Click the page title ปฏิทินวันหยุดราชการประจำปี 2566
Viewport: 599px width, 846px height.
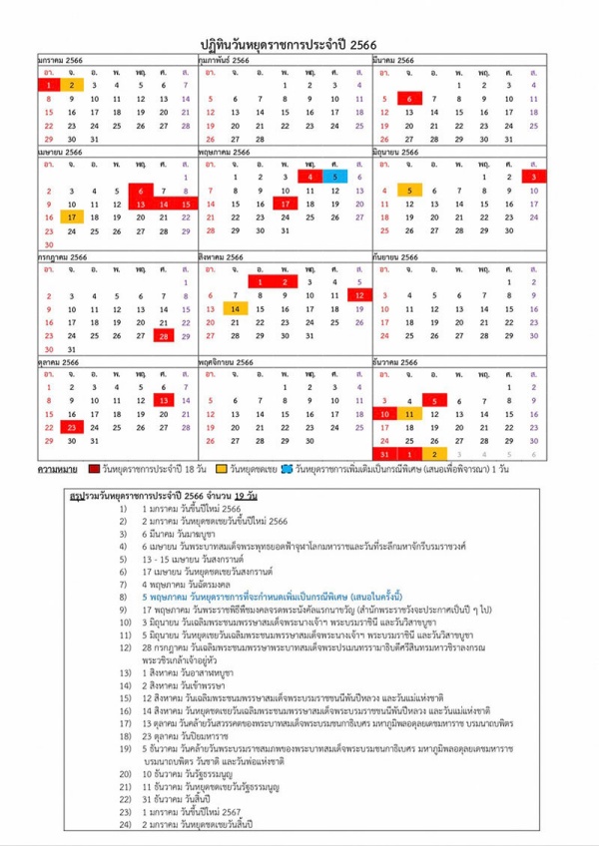click(299, 44)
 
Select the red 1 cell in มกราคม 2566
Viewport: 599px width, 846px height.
click(48, 86)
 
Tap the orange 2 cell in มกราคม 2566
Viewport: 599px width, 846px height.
click(72, 86)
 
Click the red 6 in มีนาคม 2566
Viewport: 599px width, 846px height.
click(409, 99)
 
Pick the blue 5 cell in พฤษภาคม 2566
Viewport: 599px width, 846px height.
click(362, 177)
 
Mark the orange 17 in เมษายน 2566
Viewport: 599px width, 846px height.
click(72, 216)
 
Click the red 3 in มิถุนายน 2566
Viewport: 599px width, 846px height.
click(562, 177)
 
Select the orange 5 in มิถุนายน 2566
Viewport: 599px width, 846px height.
click(409, 190)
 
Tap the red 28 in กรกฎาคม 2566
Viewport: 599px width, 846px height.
click(163, 335)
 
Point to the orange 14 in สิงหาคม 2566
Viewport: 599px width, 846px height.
click(235, 309)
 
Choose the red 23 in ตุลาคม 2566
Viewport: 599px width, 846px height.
click(72, 427)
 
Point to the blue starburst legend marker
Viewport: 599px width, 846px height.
click(287, 467)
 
